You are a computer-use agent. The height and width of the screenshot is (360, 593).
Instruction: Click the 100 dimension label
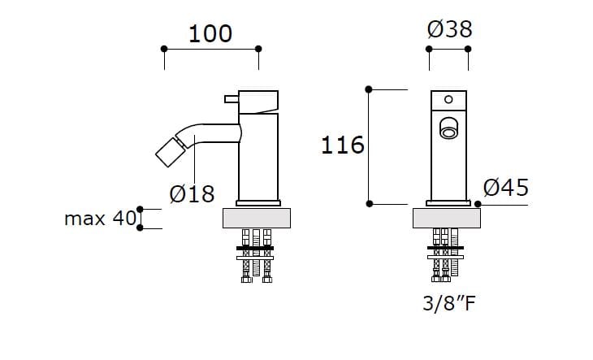click(x=210, y=33)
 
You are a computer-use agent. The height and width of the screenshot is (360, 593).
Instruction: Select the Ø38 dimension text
click(x=449, y=29)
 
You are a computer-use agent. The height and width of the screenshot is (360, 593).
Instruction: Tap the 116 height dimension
click(x=342, y=145)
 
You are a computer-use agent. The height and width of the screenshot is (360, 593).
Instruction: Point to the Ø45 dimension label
click(x=506, y=188)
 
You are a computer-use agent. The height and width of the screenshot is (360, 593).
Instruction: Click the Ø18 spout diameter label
click(x=192, y=193)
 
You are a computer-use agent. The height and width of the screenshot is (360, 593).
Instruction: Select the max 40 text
click(x=100, y=219)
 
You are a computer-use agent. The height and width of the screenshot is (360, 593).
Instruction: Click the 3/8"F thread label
click(x=448, y=306)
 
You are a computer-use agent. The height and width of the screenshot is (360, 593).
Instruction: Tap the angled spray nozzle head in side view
click(x=171, y=151)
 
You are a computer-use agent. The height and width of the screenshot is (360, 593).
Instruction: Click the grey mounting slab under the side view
click(x=257, y=218)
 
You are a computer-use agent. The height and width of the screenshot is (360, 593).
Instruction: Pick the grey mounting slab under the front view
click(x=448, y=218)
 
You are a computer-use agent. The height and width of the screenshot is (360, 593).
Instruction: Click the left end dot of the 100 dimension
click(x=164, y=49)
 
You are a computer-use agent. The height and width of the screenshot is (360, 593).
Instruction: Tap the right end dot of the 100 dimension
click(x=258, y=49)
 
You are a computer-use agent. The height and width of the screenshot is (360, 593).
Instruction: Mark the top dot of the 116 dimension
click(x=370, y=89)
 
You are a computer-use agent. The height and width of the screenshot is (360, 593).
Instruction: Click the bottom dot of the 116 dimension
click(x=370, y=202)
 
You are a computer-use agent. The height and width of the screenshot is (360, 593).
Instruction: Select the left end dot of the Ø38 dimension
click(x=430, y=49)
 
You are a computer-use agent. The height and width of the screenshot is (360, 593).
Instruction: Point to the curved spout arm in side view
click(x=211, y=132)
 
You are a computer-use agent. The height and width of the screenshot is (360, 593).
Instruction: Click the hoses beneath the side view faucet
click(x=257, y=256)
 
